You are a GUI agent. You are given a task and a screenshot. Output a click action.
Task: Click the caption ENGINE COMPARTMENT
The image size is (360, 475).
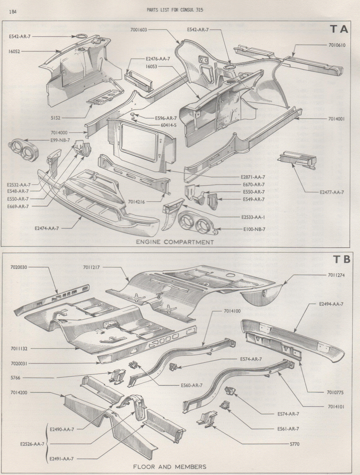coord(175,242)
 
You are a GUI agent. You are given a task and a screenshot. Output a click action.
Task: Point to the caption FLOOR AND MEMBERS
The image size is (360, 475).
coord(170,467)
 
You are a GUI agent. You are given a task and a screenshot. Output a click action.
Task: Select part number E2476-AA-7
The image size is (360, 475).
coord(158,59)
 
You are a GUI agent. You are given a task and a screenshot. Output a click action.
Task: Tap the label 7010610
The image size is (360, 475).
coord(337,45)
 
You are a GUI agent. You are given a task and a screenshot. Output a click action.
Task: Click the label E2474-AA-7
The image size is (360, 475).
coord(47,228)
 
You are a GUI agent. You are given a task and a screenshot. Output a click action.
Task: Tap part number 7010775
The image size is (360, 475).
coord(335,392)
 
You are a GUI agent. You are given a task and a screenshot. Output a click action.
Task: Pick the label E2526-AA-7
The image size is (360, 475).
coord(32,444)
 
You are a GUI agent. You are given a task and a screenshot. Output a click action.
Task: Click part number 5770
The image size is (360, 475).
coord(295,444)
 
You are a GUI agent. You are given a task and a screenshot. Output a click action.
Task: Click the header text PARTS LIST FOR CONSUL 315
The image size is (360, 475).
coord(175,10)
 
